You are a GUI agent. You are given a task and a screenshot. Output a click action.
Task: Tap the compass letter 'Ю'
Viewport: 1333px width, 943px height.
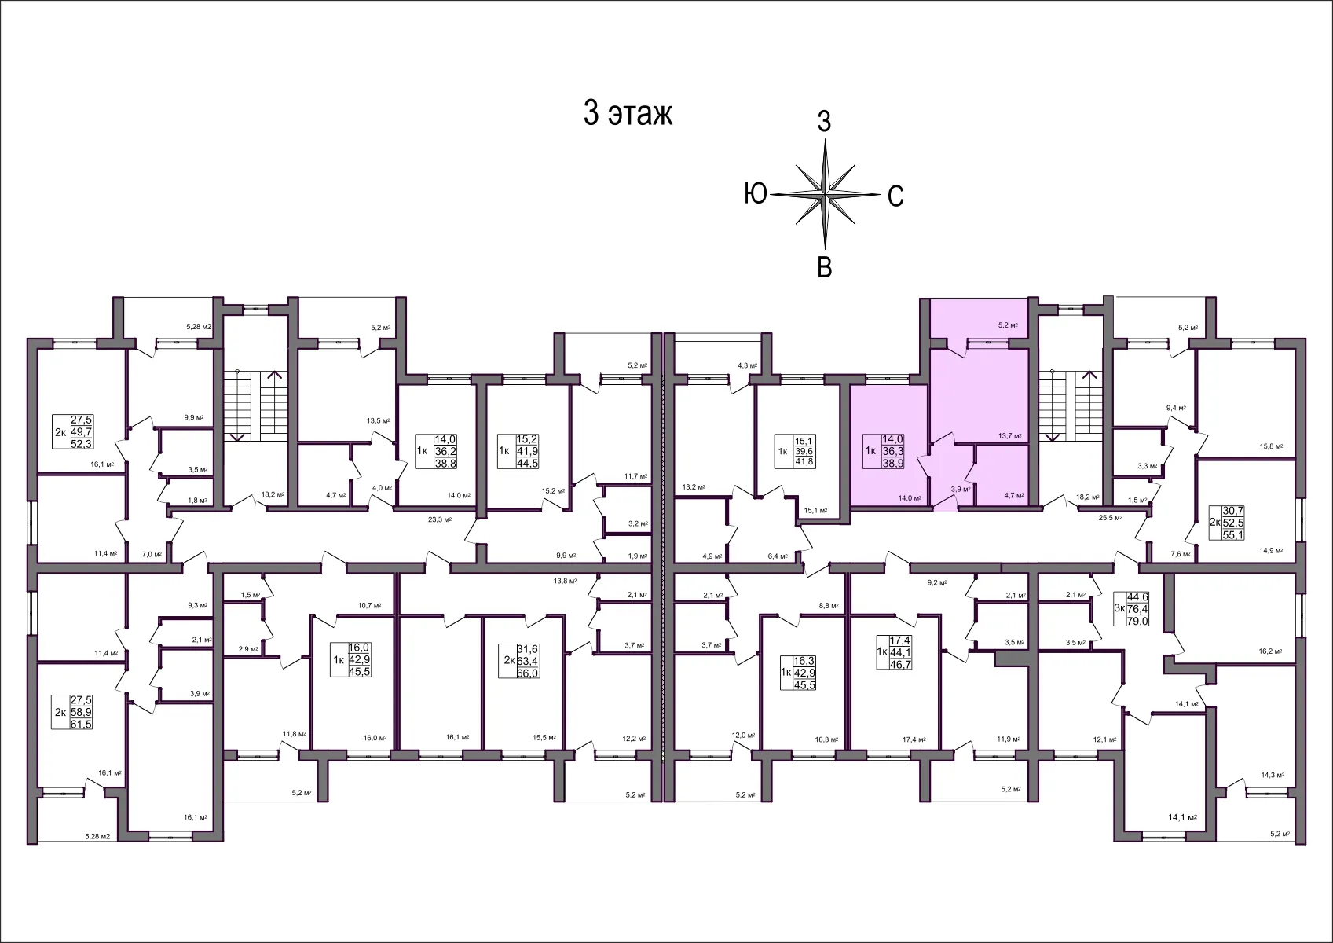[x=755, y=193]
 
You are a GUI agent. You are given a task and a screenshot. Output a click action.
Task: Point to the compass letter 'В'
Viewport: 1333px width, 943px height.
[x=824, y=267]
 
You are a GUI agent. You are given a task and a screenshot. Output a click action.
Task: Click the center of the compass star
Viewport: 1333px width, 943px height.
[x=825, y=193]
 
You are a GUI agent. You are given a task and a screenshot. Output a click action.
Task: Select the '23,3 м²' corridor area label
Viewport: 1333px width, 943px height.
[x=438, y=519]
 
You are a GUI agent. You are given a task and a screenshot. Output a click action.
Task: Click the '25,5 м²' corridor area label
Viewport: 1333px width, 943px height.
[x=1110, y=518]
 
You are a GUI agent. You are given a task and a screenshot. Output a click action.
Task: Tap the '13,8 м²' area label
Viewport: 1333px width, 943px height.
[x=565, y=582]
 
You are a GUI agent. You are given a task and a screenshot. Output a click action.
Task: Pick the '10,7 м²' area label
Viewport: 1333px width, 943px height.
[x=369, y=606]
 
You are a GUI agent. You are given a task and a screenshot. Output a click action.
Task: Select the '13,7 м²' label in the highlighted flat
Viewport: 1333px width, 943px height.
[x=1009, y=435]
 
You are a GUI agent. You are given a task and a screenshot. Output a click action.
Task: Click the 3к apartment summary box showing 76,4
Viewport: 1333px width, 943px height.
[x=1131, y=609]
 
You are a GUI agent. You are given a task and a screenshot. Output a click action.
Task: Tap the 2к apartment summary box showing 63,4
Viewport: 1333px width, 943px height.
[x=521, y=661]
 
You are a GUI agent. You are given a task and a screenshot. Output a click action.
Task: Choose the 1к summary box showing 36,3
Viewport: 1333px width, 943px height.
[x=884, y=452]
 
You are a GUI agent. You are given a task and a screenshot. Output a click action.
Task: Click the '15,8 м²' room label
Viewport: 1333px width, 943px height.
[x=1271, y=446]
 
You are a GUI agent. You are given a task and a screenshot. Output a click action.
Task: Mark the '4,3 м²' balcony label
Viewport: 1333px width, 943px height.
[x=747, y=365]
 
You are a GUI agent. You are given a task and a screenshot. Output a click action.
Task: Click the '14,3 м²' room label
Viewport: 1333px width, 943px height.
[x=1272, y=775]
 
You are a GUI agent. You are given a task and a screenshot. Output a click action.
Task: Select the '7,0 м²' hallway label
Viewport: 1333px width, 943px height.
[x=152, y=555]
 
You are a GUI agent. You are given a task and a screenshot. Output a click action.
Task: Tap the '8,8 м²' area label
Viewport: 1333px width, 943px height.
[x=828, y=606]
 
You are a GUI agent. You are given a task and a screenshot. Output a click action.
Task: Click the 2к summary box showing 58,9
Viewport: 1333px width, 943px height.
[x=72, y=712]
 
